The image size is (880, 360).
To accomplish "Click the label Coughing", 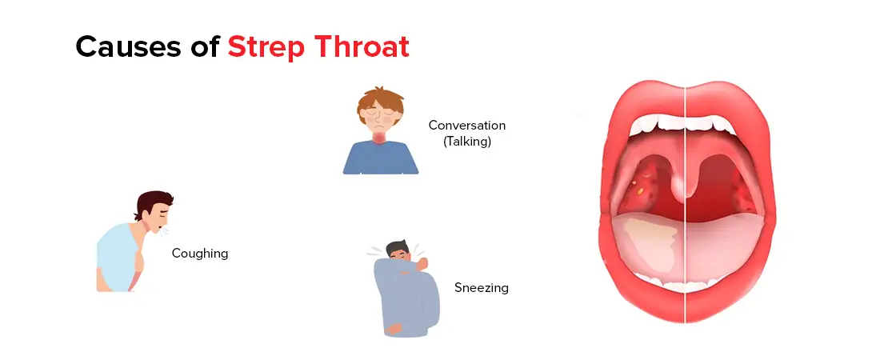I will coord(200,254).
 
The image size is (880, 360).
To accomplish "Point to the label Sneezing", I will coord(482,287).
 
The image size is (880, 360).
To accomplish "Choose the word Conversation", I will coord(467,126).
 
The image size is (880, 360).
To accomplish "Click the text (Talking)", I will coord(467,142).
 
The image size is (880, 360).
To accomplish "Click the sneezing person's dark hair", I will coord(398,246).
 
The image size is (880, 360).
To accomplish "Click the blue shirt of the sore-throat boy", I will coord(381,161).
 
